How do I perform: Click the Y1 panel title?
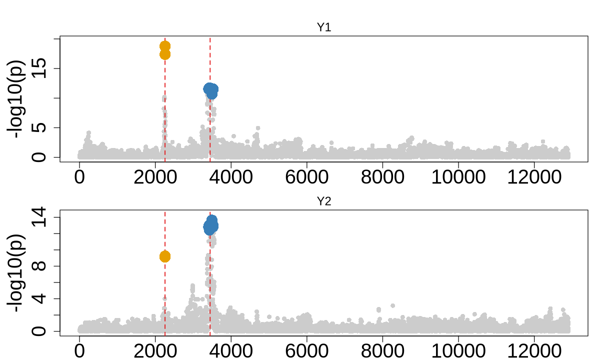(324, 28)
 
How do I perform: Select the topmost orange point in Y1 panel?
(165, 46)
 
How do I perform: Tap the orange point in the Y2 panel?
(165, 256)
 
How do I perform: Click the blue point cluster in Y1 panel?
(211, 90)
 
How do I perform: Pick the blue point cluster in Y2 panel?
(211, 224)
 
